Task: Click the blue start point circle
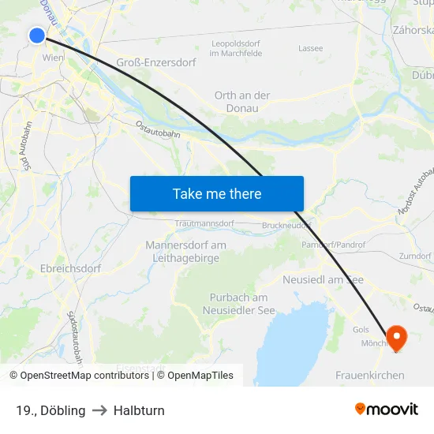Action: pyautogui.click(x=37, y=35)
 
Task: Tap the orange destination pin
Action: pyautogui.click(x=395, y=337)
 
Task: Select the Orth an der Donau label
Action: pyautogui.click(x=242, y=101)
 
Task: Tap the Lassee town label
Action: pyautogui.click(x=311, y=48)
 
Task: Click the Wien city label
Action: pyautogui.click(x=53, y=58)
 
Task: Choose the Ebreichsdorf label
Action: pyautogui.click(x=71, y=268)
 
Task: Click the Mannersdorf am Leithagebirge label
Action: pyautogui.click(x=185, y=251)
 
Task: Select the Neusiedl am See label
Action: pyautogui.click(x=323, y=280)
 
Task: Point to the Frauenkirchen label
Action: pyautogui.click(x=370, y=376)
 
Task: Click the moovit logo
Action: pyautogui.click(x=387, y=410)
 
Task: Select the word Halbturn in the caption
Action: pyautogui.click(x=139, y=410)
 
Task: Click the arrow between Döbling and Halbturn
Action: pyautogui.click(x=99, y=410)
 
